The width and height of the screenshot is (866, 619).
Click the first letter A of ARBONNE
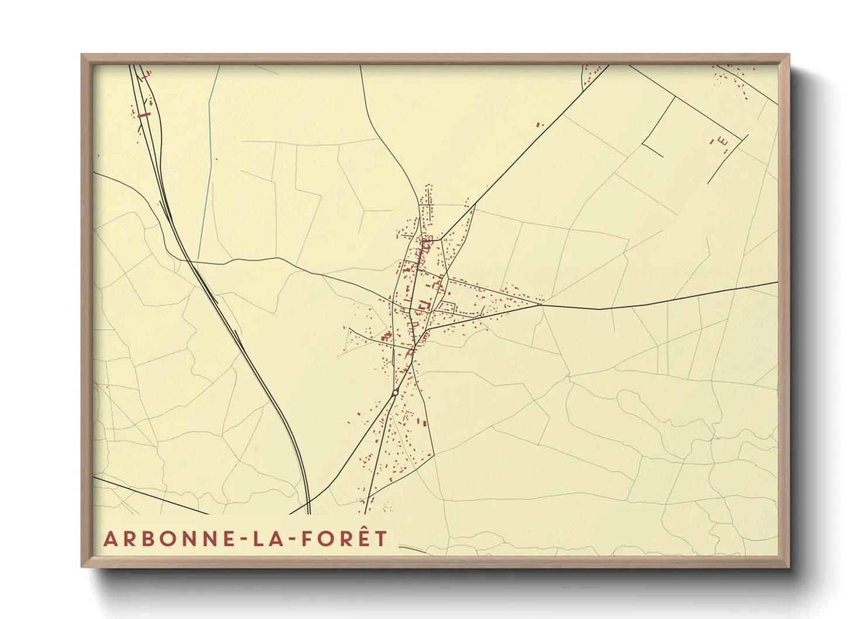(x=109, y=539)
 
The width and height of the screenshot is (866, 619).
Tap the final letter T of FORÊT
(x=381, y=539)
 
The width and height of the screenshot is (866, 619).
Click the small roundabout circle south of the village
(x=396, y=393)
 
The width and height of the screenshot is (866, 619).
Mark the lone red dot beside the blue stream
(x=216, y=159)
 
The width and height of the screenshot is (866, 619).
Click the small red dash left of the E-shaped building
(x=712, y=141)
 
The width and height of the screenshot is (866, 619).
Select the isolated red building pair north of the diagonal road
(x=539, y=124)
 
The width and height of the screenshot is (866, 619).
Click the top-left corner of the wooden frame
(x=82, y=55)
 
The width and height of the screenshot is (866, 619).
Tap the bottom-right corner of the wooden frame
(x=789, y=566)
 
